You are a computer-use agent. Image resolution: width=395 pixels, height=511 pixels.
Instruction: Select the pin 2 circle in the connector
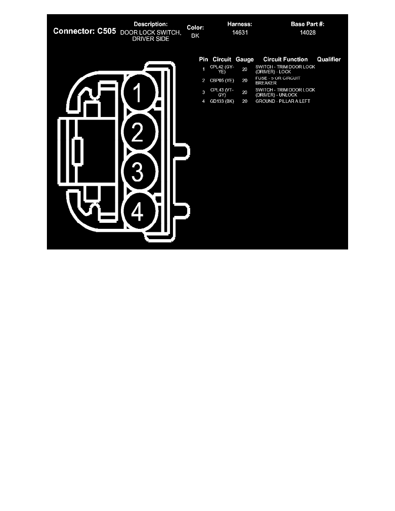pos(138,133)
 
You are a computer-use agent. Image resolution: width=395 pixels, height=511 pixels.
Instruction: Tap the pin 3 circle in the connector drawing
pos(138,172)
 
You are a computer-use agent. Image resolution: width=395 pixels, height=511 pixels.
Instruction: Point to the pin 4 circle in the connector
pos(138,212)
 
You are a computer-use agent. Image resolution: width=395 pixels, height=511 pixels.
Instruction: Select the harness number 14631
pos(239,32)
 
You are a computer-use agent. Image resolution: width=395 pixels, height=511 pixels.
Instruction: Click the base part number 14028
pos(308,32)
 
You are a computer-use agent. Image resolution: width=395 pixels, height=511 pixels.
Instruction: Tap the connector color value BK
pos(195,36)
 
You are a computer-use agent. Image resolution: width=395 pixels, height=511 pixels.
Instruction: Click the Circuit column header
pos(222,59)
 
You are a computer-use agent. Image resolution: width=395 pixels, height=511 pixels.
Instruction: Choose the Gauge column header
pos(245,59)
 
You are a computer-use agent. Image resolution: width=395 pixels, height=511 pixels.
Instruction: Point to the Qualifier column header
pos(329,59)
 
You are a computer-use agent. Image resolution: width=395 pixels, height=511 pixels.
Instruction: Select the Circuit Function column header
pos(285,59)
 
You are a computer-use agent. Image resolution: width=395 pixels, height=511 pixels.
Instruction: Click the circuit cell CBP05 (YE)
pos(222,80)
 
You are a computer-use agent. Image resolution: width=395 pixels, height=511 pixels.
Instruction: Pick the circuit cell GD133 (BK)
pos(222,101)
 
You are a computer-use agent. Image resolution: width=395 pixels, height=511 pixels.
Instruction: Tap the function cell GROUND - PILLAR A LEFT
pos(283,101)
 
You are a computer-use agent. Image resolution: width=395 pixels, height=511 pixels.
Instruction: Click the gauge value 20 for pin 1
pos(245,69)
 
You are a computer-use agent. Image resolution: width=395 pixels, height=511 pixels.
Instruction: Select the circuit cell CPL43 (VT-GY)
pos(222,92)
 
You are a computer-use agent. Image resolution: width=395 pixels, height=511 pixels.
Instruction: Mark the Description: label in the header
pos(151,24)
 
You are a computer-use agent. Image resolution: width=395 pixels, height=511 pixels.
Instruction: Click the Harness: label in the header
pos(239,24)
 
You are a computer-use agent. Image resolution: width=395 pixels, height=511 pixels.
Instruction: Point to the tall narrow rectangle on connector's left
pos(77,152)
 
